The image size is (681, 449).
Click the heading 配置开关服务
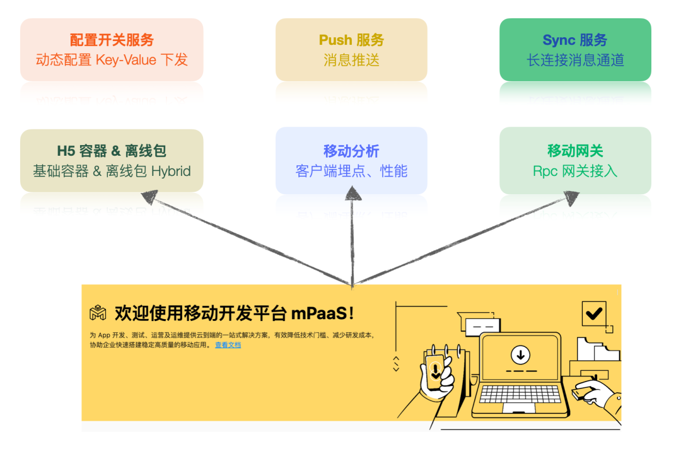click(112, 40)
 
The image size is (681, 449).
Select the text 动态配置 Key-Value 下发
click(112, 60)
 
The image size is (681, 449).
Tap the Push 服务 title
click(351, 40)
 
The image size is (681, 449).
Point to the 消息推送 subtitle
click(351, 60)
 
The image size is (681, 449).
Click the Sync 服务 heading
click(575, 40)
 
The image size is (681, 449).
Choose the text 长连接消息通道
click(575, 60)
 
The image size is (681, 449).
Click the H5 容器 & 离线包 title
click(112, 151)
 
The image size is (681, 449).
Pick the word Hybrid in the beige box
click(171, 171)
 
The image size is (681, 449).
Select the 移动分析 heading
click(351, 151)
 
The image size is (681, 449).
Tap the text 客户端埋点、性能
click(351, 171)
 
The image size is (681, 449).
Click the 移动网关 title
click(575, 151)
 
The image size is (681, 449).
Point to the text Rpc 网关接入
click(575, 171)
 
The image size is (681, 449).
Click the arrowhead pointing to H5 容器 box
click(151, 197)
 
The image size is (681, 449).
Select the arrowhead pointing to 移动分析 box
click(352, 191)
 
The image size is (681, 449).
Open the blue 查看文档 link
click(228, 345)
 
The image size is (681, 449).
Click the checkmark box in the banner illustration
click(593, 313)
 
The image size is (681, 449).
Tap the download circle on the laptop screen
click(520, 354)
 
